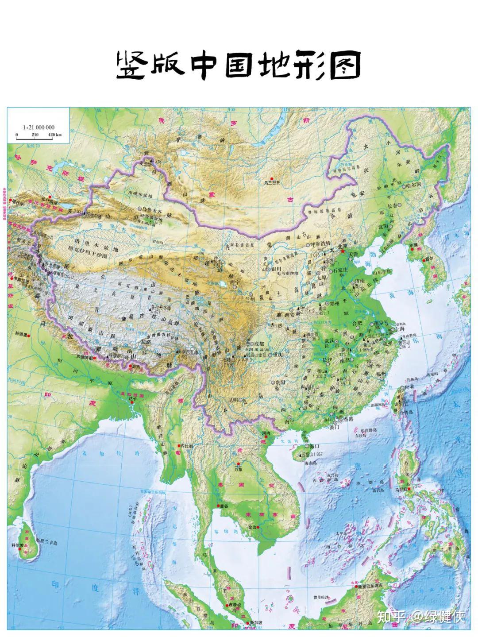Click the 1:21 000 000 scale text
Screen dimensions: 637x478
(39, 127)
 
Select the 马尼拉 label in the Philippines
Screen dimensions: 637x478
(406, 489)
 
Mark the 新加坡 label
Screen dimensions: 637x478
(256, 622)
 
